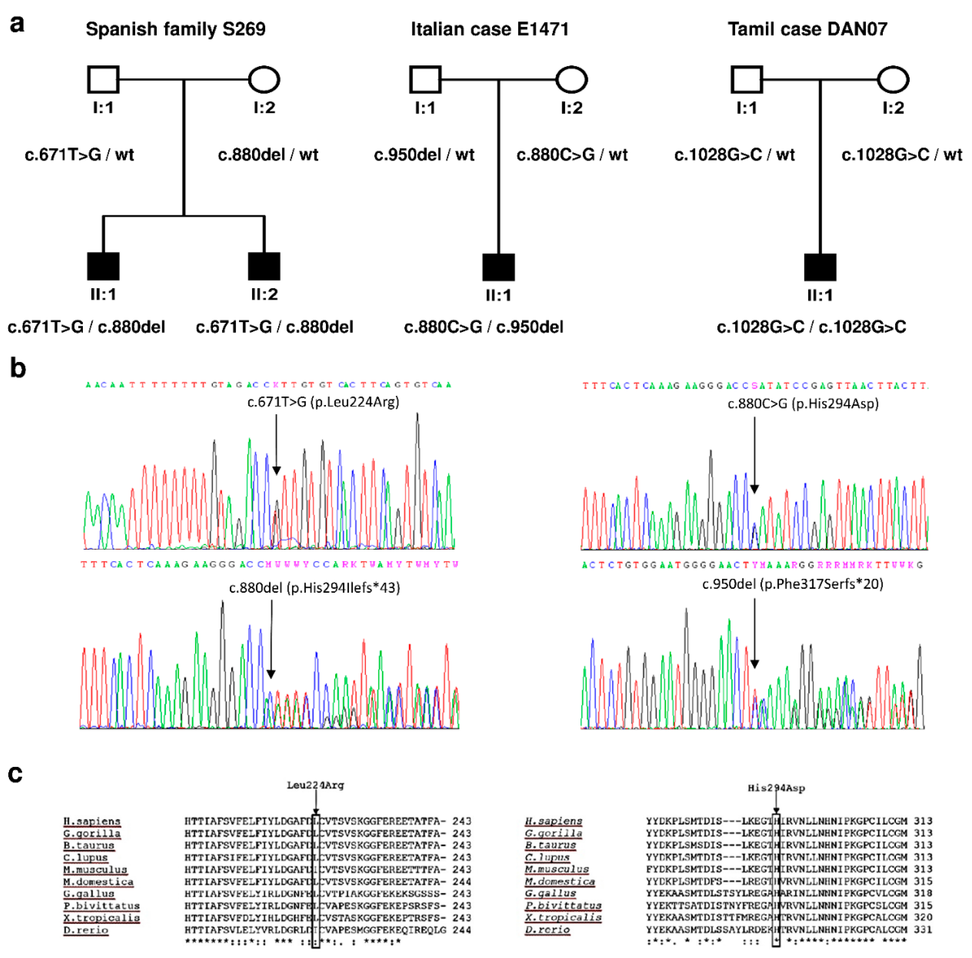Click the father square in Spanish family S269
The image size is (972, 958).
(x=103, y=79)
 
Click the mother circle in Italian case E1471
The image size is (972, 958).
(x=571, y=79)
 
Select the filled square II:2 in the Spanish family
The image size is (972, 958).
(x=264, y=266)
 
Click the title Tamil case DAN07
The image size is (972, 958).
(x=807, y=29)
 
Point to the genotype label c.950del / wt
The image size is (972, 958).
(x=424, y=154)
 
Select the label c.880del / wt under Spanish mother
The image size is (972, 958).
(x=268, y=154)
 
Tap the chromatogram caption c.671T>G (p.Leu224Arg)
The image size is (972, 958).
(x=323, y=402)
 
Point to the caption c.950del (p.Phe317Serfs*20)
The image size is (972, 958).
(x=792, y=584)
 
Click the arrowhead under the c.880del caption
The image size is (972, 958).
(x=271, y=674)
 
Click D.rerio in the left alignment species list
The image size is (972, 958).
(x=85, y=930)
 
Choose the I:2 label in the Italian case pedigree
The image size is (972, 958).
(x=571, y=108)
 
